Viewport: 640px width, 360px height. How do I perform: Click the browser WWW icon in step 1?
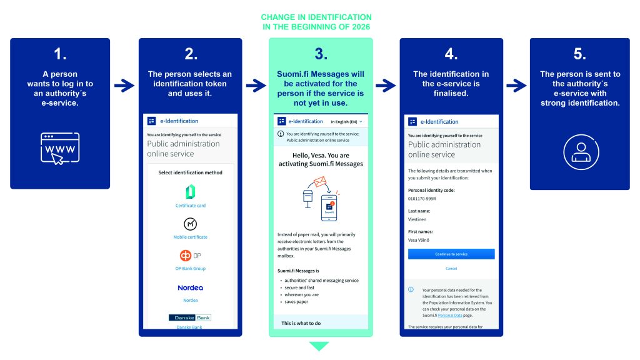(x=60, y=148)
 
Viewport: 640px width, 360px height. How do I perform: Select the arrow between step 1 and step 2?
(x=124, y=86)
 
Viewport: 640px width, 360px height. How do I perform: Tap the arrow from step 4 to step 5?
(x=516, y=86)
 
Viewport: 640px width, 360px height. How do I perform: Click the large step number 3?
(x=321, y=54)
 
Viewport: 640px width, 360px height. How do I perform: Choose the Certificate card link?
(x=190, y=206)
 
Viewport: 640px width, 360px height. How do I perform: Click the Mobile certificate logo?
(x=190, y=224)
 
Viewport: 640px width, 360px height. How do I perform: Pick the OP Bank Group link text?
(x=190, y=269)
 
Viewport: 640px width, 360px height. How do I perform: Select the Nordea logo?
(x=190, y=287)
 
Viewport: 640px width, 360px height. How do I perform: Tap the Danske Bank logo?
(x=190, y=317)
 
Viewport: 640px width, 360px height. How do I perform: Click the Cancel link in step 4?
(x=451, y=269)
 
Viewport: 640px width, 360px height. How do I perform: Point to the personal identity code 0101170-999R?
(x=422, y=198)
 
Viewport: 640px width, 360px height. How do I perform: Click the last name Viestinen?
(x=419, y=219)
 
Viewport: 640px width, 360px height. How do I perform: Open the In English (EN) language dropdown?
(x=346, y=121)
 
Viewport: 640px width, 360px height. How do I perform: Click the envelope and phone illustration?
(x=321, y=197)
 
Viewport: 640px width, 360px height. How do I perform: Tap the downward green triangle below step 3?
(x=319, y=346)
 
